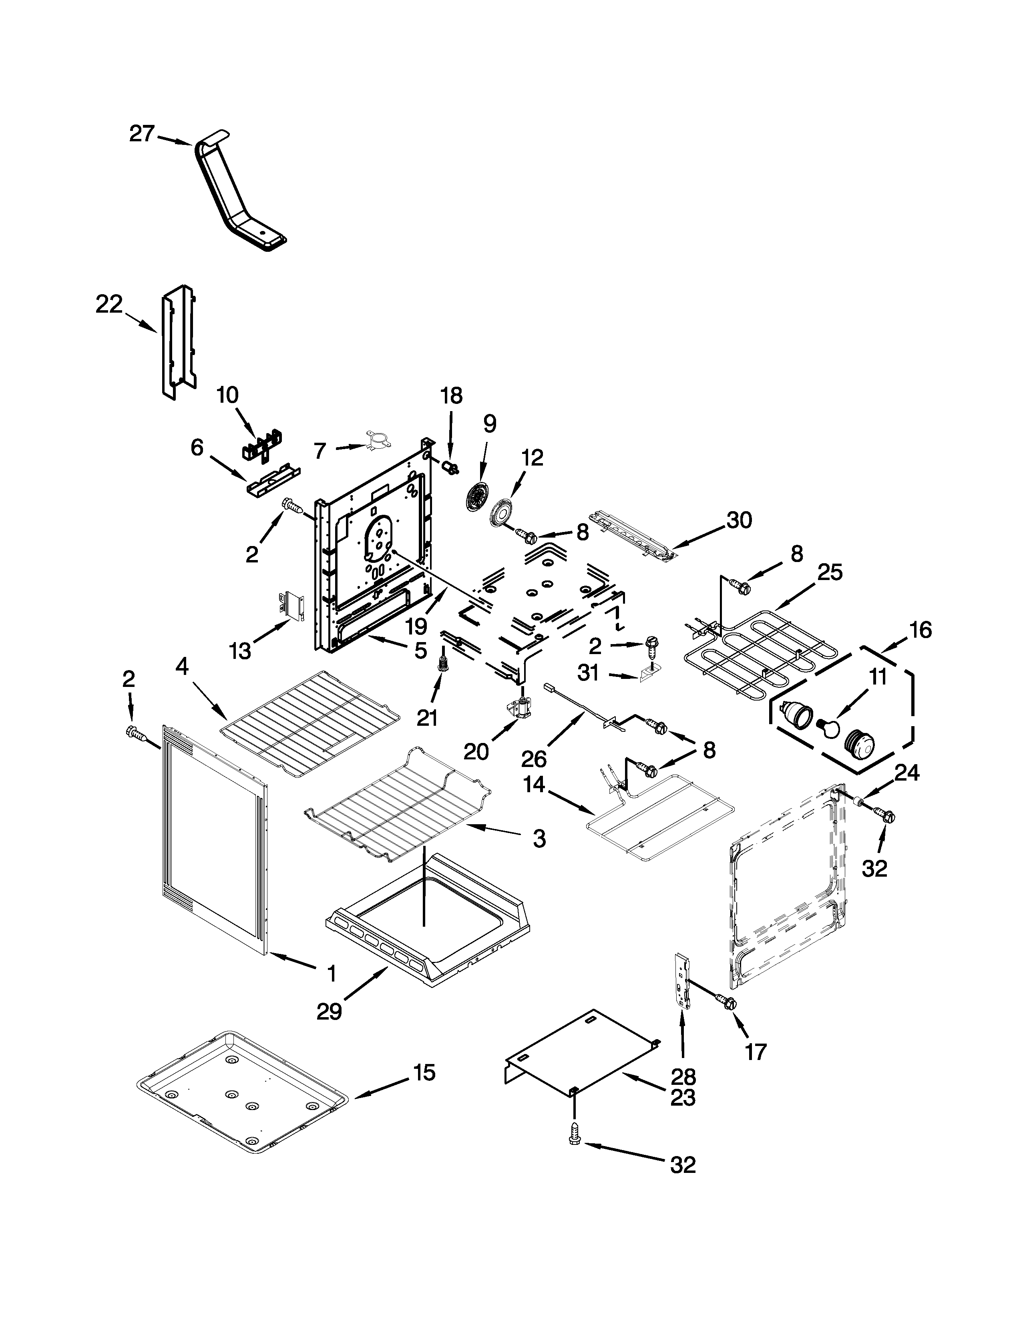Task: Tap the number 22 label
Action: point(109,304)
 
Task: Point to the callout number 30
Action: point(739,520)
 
